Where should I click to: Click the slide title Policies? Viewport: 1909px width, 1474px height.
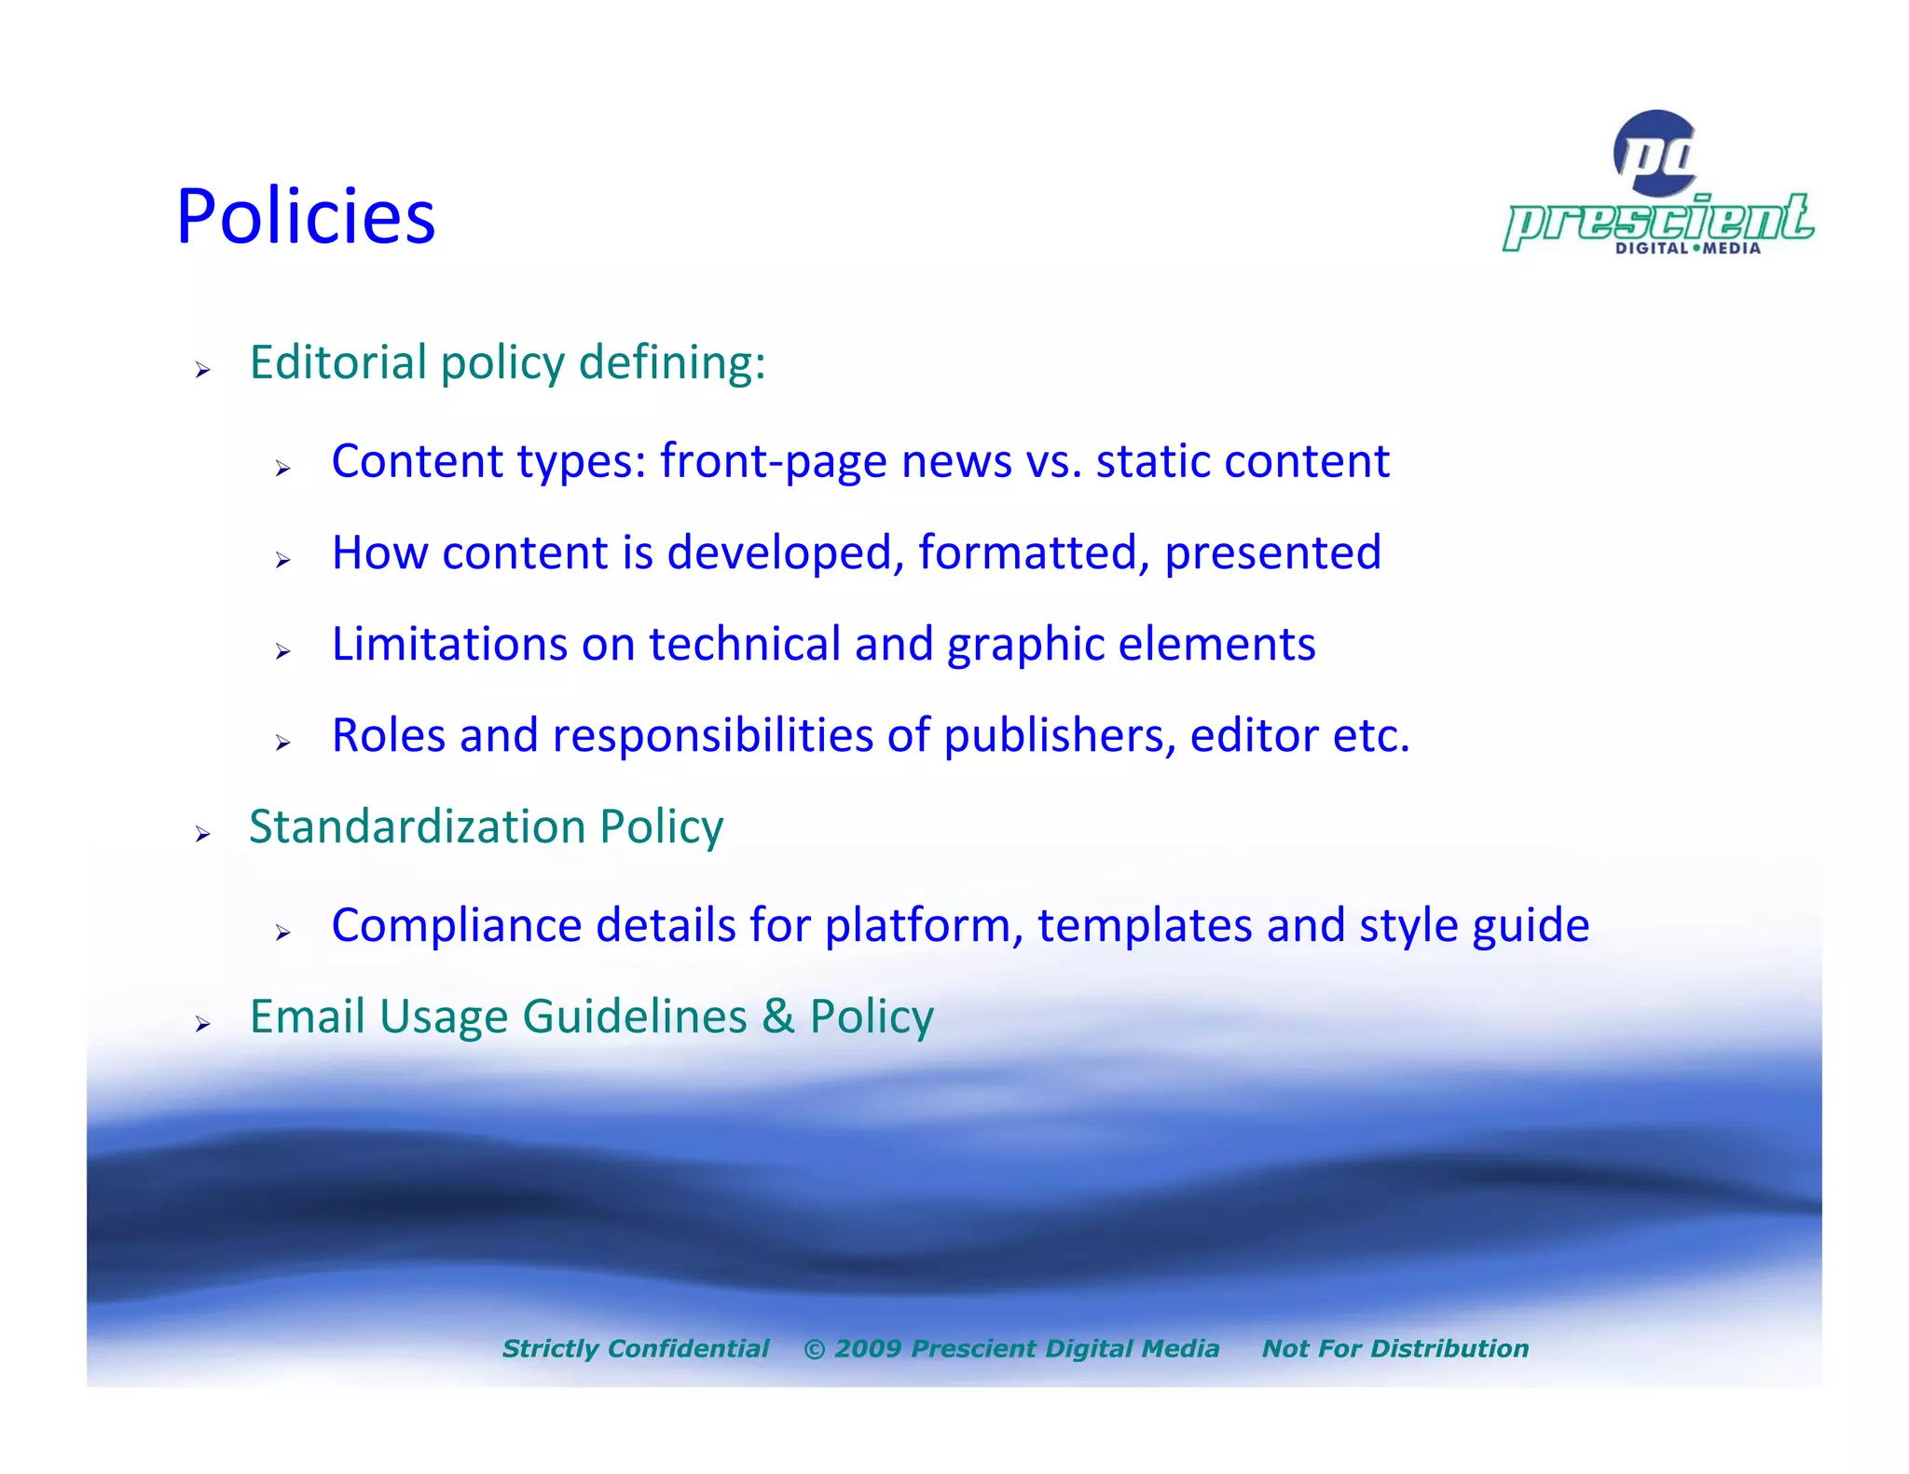(x=306, y=217)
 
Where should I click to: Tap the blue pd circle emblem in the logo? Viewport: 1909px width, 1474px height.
(x=1655, y=153)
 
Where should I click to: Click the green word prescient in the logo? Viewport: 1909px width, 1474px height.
(x=1658, y=222)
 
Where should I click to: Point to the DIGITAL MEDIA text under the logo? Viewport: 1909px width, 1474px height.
(x=1687, y=249)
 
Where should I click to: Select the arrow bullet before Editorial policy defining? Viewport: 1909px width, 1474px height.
(x=203, y=371)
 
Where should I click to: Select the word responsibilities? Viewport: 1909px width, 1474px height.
(x=712, y=736)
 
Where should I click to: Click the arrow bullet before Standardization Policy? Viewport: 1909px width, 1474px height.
(x=203, y=835)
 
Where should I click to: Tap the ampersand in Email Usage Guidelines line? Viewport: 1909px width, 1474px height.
(x=777, y=1017)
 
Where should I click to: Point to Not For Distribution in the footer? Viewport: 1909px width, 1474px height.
(x=1394, y=1348)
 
